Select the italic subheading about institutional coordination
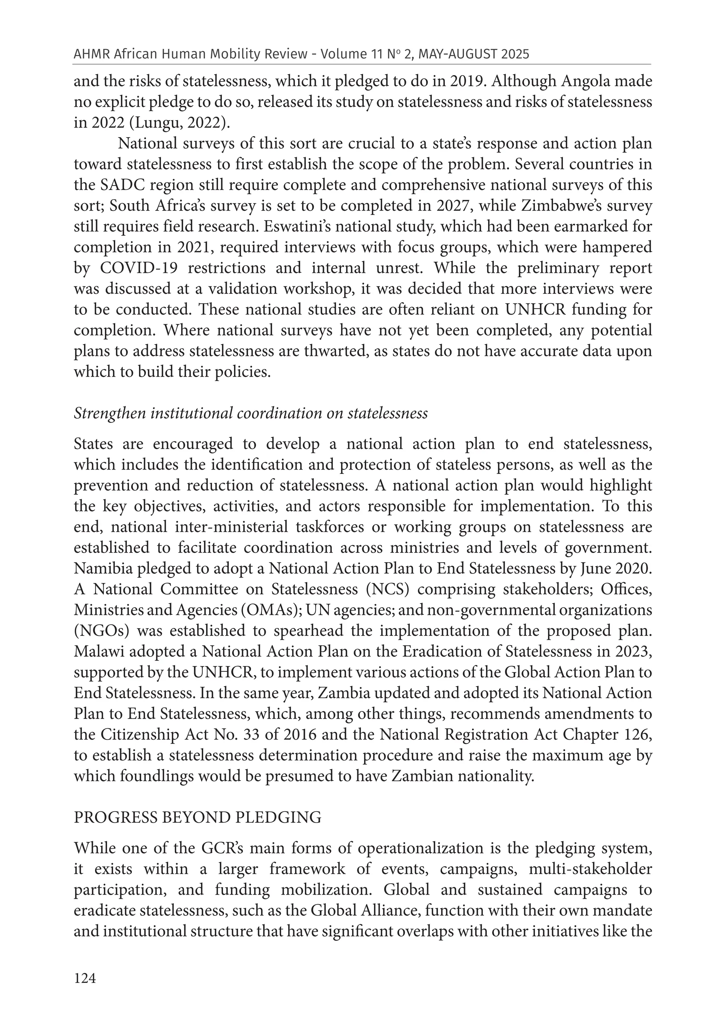click(x=250, y=413)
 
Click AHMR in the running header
click(x=91, y=54)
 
